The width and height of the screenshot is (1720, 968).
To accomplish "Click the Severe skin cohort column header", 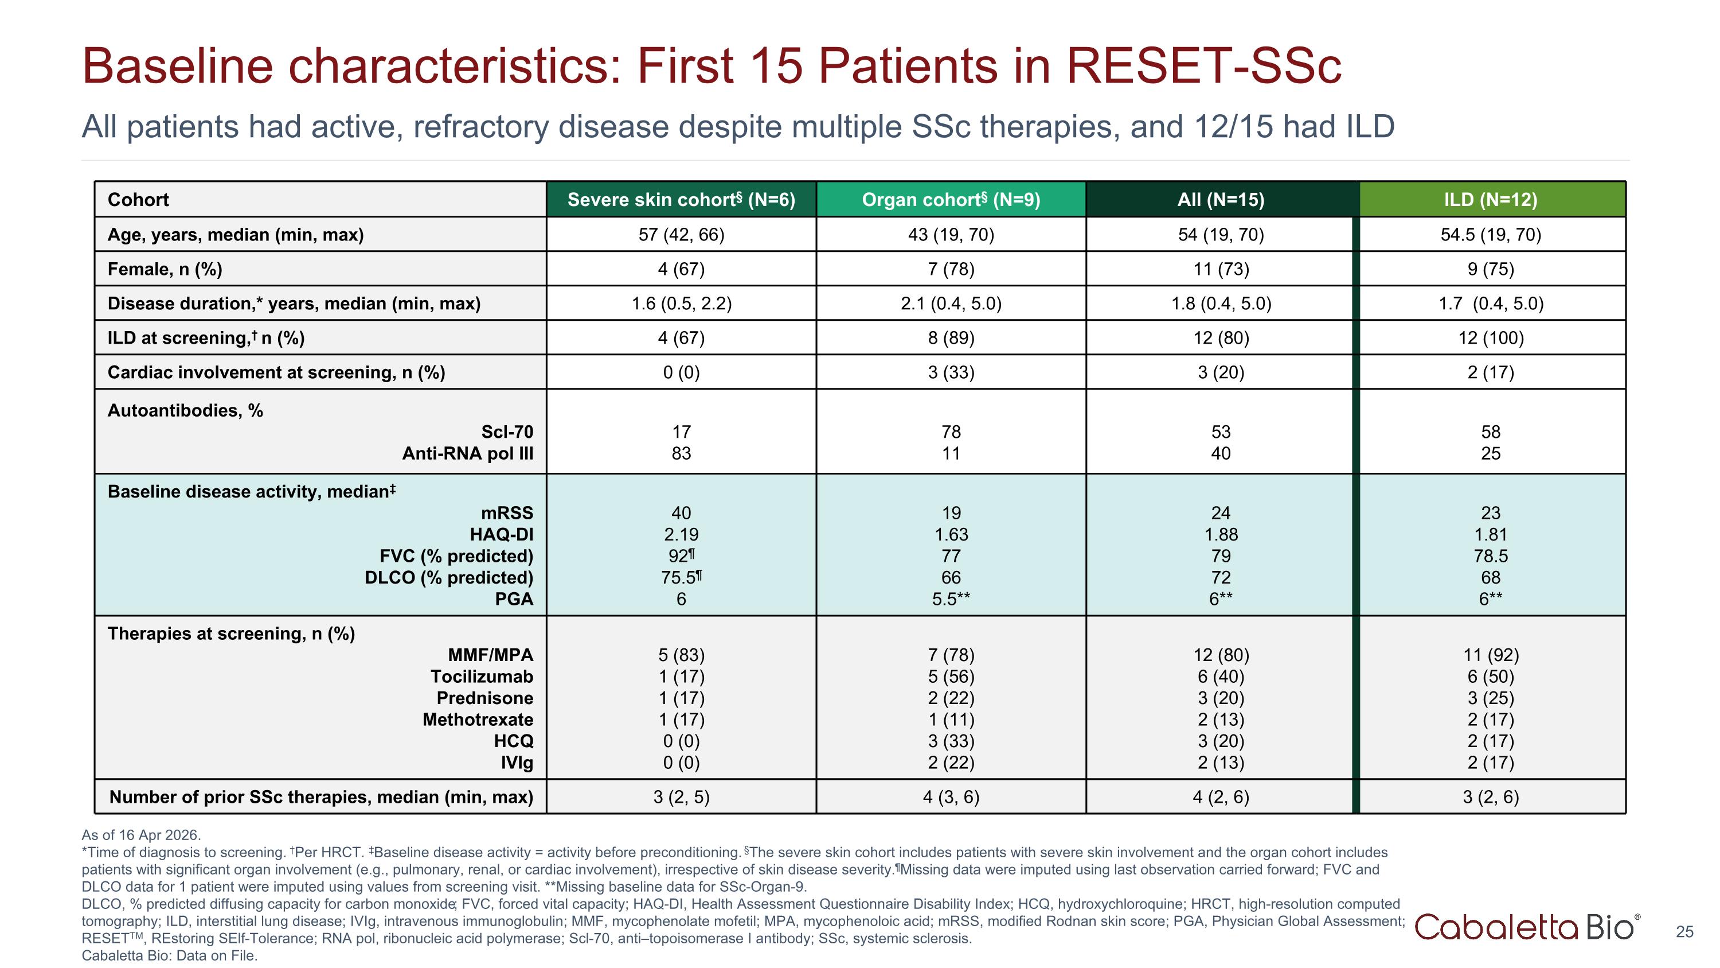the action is [681, 199].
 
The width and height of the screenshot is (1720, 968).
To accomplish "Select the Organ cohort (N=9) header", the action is [951, 199].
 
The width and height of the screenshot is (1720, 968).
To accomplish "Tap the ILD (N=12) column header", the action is [1491, 199].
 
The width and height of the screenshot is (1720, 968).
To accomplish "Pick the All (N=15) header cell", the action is [1221, 199].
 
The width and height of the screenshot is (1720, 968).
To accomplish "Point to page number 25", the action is [1684, 932].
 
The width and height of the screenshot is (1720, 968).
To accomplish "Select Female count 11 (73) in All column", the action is [1221, 269].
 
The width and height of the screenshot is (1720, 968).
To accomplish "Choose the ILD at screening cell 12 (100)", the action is [1491, 337].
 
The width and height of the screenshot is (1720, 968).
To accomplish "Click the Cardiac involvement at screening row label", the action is [276, 372].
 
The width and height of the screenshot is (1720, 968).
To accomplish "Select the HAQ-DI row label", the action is [502, 534].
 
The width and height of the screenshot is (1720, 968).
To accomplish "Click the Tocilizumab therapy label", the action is [482, 676].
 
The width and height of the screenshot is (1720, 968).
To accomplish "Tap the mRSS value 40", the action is [681, 512].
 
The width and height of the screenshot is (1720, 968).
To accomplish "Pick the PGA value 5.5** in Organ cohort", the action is [951, 598].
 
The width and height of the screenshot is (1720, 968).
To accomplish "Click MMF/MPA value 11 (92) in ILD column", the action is [1491, 655].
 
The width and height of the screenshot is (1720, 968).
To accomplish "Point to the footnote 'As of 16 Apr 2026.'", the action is [141, 835].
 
